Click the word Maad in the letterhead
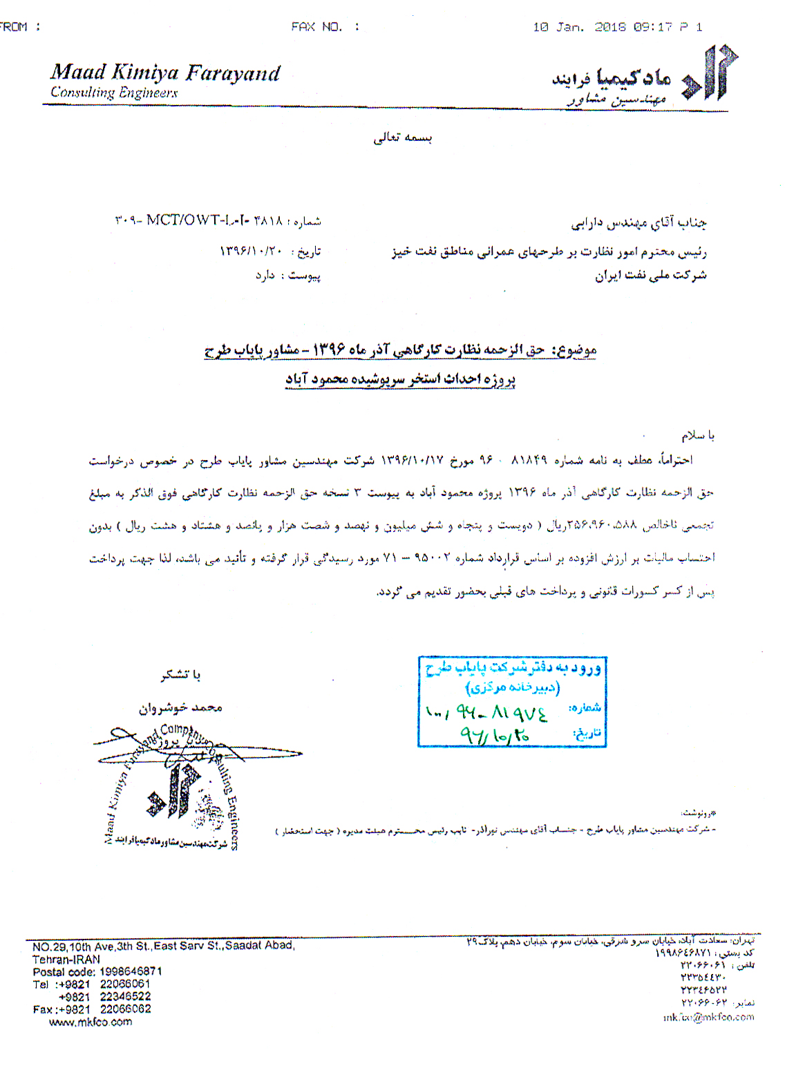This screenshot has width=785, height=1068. (77, 73)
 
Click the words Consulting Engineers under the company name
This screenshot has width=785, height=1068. (114, 93)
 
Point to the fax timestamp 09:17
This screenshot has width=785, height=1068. (653, 27)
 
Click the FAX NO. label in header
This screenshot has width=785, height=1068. (316, 27)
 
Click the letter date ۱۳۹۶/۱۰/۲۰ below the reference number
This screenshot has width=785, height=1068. (252, 251)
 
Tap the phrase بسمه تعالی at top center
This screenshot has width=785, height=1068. (403, 137)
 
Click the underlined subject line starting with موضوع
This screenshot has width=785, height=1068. (400, 351)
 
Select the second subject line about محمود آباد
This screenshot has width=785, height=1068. (401, 379)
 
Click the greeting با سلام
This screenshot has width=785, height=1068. (698, 435)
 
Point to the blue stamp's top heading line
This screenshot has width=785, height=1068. (512, 668)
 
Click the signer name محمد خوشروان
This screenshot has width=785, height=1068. (180, 708)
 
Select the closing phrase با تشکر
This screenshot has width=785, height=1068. (180, 675)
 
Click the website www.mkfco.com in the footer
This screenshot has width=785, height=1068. (91, 1022)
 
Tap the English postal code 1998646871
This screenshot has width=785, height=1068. (131, 971)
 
